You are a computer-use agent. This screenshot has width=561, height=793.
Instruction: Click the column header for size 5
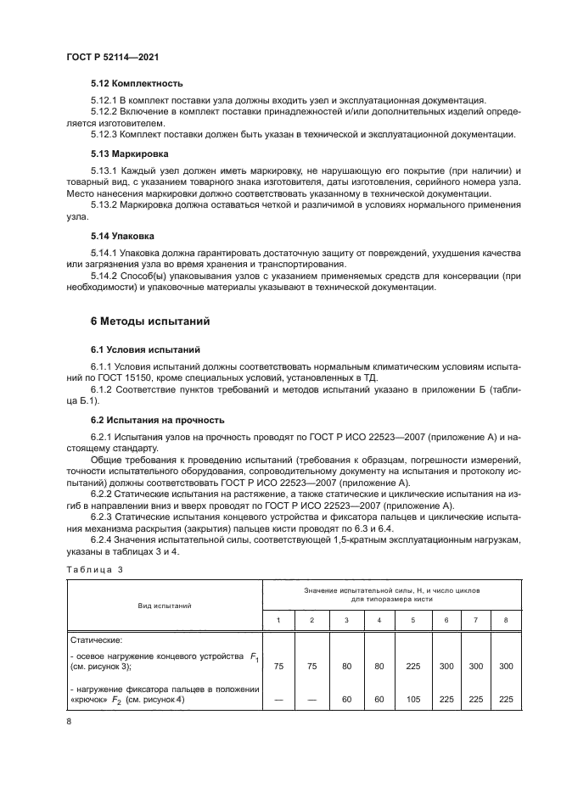tap(413, 621)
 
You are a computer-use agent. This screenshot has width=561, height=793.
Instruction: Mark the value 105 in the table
tap(413, 701)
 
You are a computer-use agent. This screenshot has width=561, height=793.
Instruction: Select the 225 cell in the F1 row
tap(413, 667)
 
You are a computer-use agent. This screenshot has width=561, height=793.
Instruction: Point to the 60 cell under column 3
tap(346, 701)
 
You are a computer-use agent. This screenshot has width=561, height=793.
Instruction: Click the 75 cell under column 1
tap(279, 667)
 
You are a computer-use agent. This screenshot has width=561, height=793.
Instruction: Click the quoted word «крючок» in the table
tap(89, 701)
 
